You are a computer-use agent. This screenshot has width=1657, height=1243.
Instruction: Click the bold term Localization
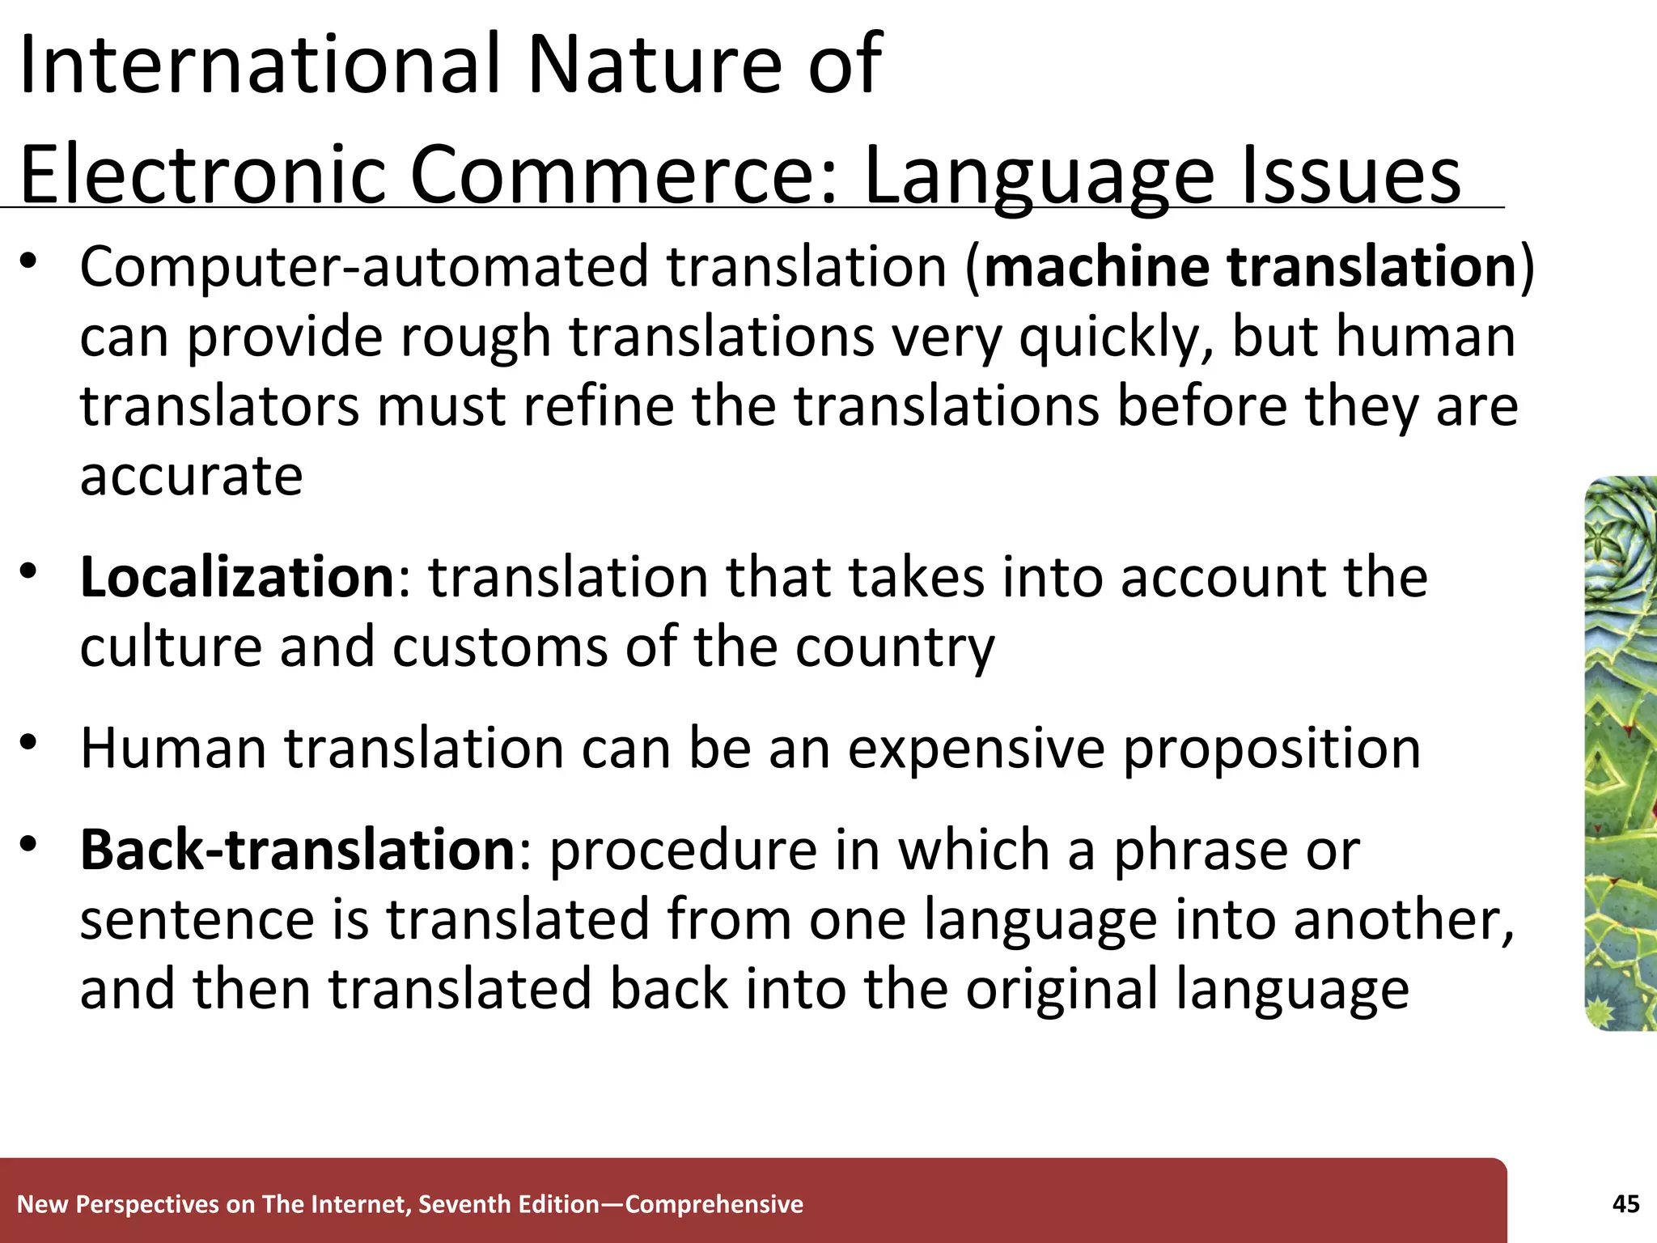click(x=237, y=577)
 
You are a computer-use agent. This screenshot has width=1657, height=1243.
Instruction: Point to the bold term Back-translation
click(x=298, y=850)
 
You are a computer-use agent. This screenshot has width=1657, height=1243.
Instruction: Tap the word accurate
click(x=192, y=475)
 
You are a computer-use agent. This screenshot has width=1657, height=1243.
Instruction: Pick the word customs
click(x=499, y=647)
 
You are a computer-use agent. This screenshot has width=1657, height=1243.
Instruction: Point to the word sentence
click(x=197, y=920)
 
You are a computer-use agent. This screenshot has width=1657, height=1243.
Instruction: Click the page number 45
click(x=1625, y=1204)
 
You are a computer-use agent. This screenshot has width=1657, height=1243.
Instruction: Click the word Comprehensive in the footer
click(x=714, y=1204)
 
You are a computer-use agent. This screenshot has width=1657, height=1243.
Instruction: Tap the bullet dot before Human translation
click(x=29, y=742)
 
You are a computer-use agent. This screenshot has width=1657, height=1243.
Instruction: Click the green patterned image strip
click(x=1621, y=753)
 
